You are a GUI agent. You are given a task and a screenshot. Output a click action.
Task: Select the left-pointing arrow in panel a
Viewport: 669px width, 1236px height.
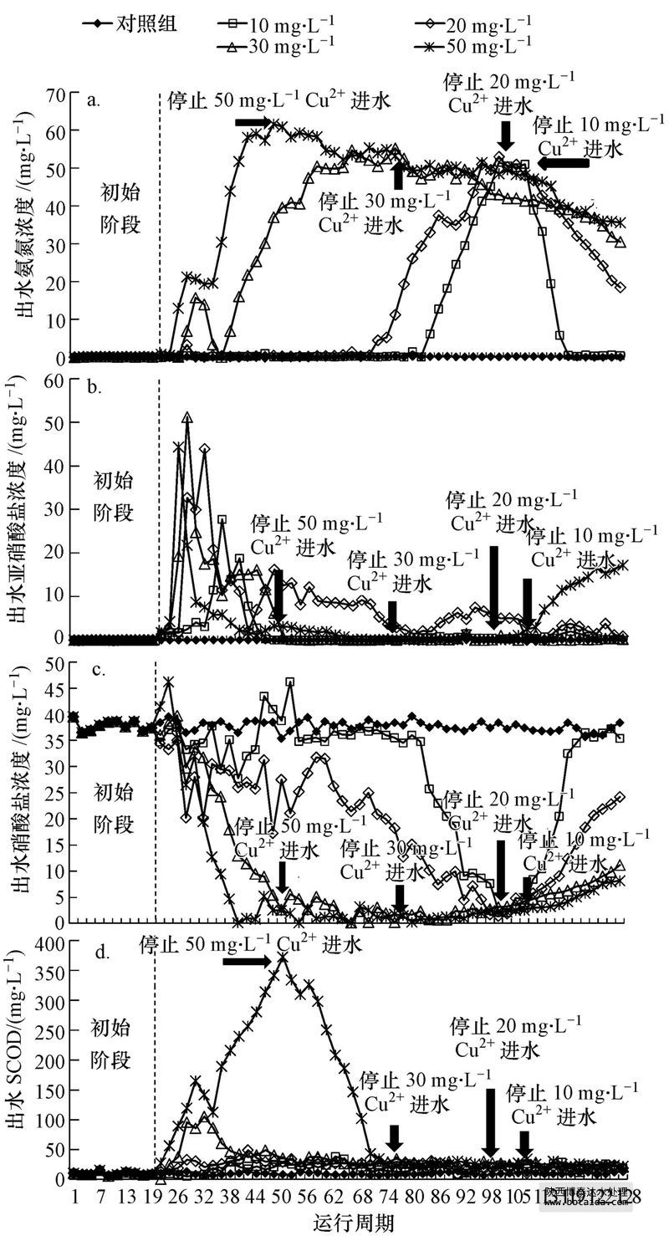pyautogui.click(x=563, y=164)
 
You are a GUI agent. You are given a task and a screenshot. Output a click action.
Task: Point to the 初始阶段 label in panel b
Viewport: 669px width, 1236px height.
pyautogui.click(x=115, y=496)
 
